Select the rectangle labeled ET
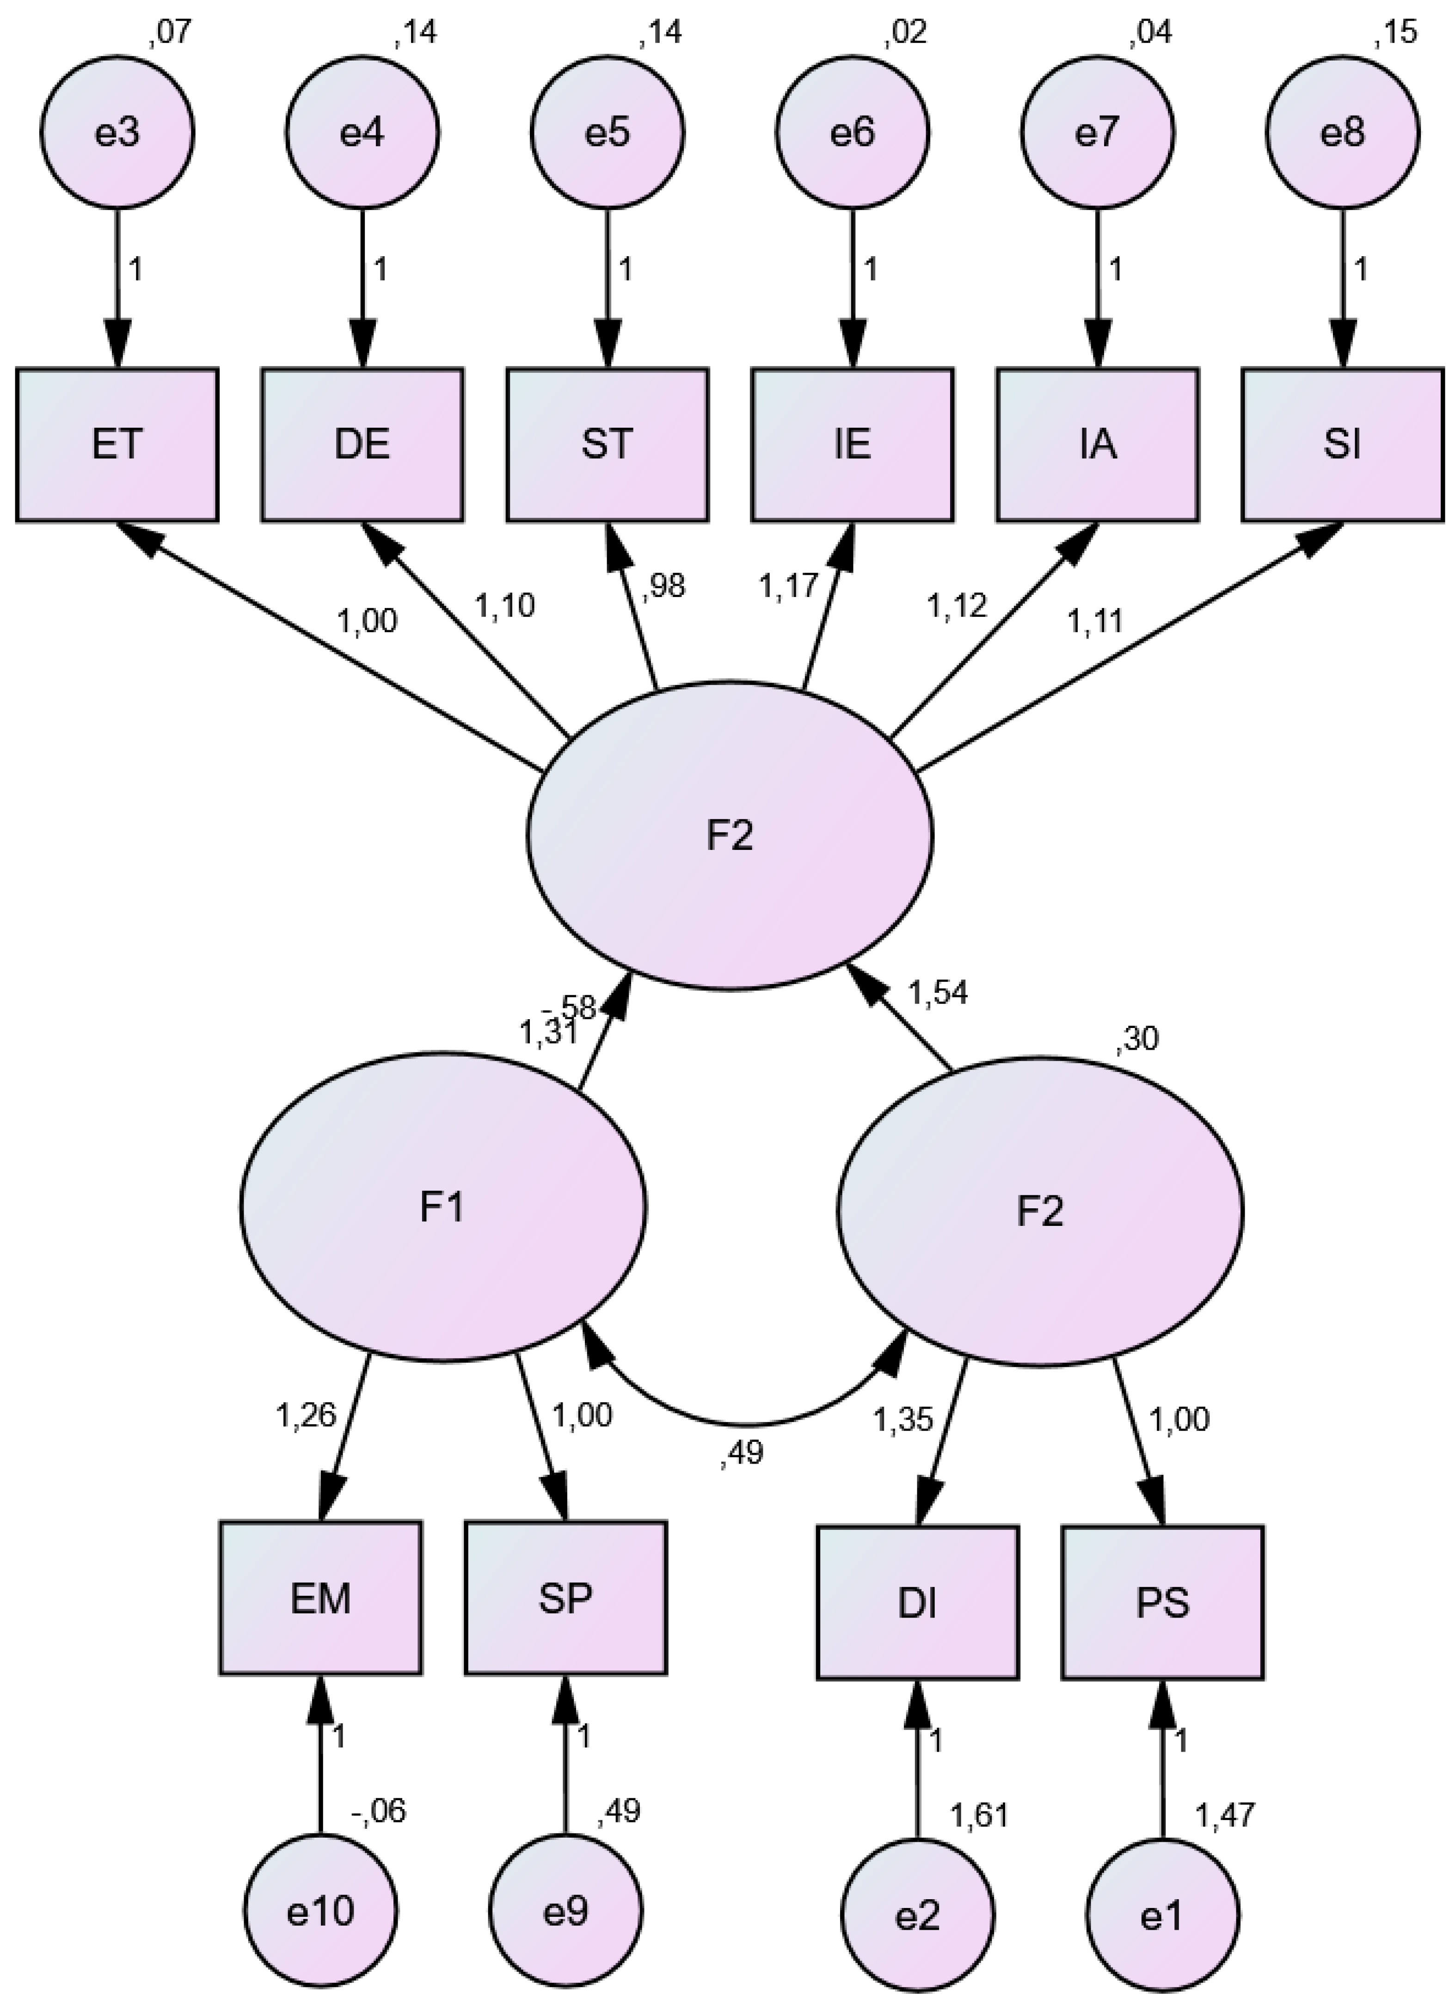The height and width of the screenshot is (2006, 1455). tap(117, 444)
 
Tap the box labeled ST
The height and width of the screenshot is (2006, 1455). tap(608, 444)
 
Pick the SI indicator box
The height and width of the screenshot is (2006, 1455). tap(1342, 444)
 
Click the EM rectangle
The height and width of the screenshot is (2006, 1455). tap(320, 1597)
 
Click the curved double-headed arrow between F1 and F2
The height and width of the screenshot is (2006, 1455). tap(748, 1422)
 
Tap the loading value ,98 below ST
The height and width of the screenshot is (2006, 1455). tap(663, 585)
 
